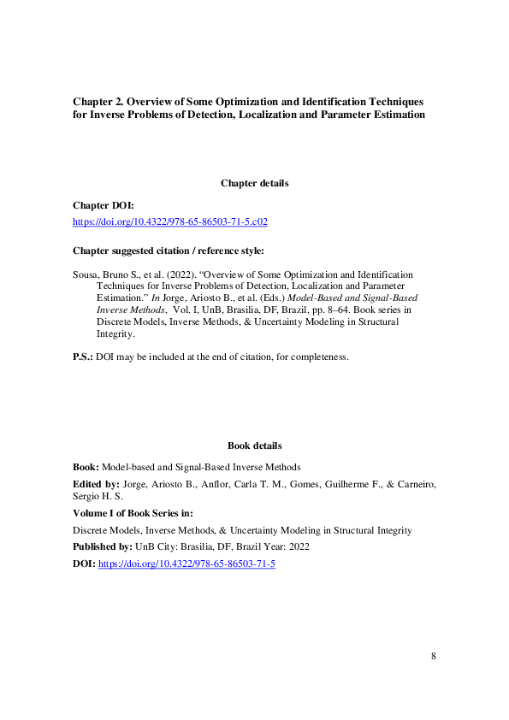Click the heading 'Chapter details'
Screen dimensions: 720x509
click(254, 183)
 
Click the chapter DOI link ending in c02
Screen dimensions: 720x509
click(170, 221)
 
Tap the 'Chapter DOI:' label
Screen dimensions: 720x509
click(104, 206)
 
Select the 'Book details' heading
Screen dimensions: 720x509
click(254, 446)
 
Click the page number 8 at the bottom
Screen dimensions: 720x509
click(434, 656)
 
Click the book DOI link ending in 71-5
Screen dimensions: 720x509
click(186, 564)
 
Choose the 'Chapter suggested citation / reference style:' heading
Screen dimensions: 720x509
click(169, 251)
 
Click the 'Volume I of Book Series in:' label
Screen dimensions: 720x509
click(133, 513)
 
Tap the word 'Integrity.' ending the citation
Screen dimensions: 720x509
click(117, 334)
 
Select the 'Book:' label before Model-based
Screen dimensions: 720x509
click(86, 467)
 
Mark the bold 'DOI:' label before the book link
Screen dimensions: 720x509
click(85, 564)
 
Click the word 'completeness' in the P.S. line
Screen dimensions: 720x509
click(317, 356)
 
